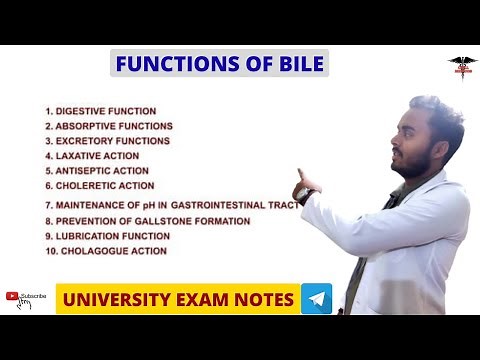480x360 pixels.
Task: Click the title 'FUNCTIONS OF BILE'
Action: pyautogui.click(x=219, y=65)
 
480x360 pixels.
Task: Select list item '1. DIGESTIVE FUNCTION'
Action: pyautogui.click(x=100, y=110)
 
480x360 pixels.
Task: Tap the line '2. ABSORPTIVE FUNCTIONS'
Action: pyautogui.click(x=108, y=126)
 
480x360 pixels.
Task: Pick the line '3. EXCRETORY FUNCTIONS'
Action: pyautogui.click(x=107, y=141)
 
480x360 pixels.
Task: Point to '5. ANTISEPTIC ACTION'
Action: pyautogui.click(x=97, y=171)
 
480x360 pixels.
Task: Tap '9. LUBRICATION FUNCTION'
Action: pyautogui.click(x=107, y=236)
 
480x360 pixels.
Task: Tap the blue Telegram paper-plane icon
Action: pyautogui.click(x=317, y=299)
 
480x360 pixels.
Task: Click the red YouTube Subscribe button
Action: pyautogui.click(x=27, y=296)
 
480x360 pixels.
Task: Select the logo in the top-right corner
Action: pyautogui.click(x=462, y=66)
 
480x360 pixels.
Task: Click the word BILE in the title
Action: pyautogui.click(x=299, y=65)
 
